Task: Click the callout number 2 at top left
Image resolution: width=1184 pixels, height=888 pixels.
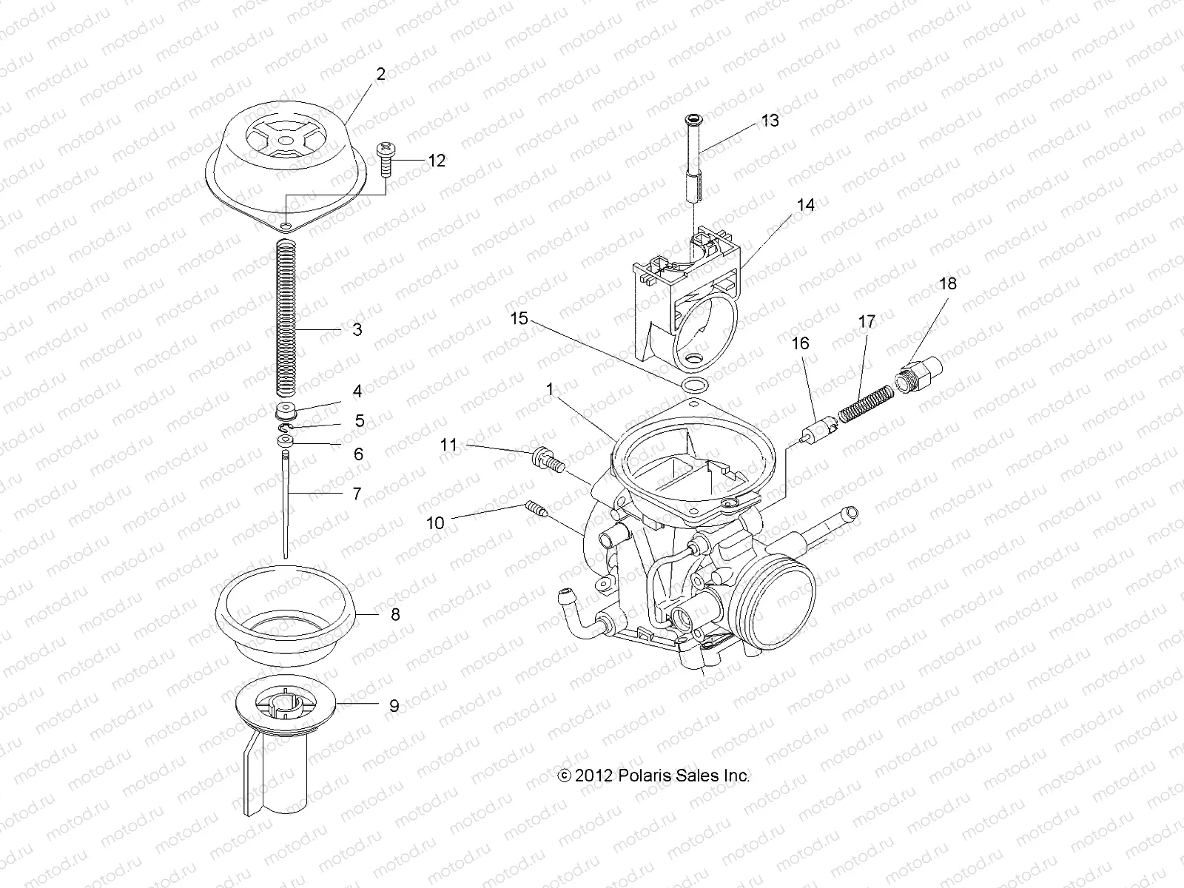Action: [380, 74]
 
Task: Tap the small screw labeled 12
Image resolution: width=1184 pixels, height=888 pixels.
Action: [386, 158]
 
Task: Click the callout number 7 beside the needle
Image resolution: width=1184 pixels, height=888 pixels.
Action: [357, 493]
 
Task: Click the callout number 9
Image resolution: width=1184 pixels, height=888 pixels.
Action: [394, 706]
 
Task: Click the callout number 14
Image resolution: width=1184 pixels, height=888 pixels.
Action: [805, 205]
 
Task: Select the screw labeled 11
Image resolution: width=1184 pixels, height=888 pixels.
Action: [548, 460]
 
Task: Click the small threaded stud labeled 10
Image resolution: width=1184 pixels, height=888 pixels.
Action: [536, 509]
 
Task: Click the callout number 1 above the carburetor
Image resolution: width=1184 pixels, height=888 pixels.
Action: [550, 388]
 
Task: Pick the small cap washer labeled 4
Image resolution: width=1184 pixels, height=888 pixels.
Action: [286, 411]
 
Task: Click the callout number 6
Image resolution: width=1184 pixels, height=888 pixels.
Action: [358, 454]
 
